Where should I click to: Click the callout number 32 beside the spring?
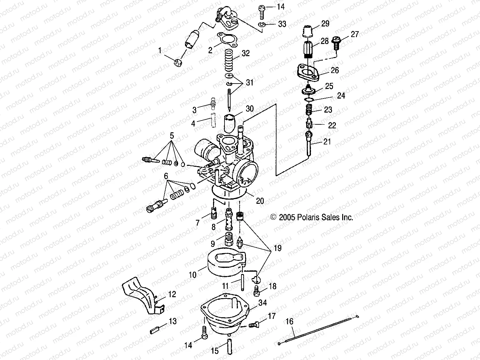246,53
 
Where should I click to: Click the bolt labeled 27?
336,43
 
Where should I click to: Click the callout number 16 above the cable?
289,321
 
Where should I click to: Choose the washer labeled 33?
261,25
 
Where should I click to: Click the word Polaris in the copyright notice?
308,217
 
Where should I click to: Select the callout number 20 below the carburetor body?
260,201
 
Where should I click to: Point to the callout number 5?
172,136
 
